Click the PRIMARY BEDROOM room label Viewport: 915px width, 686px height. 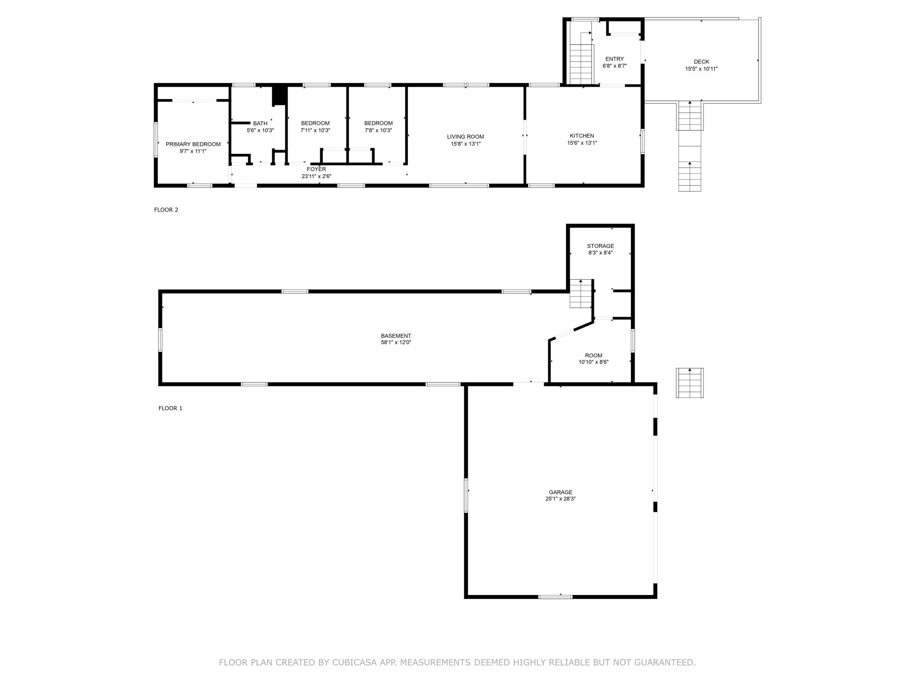[x=193, y=144]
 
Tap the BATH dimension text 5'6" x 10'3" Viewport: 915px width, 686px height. [x=260, y=130]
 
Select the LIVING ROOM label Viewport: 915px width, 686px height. [x=465, y=137]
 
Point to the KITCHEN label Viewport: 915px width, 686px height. [x=582, y=136]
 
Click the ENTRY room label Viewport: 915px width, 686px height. [x=615, y=59]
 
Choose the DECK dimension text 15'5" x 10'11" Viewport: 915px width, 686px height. [x=702, y=69]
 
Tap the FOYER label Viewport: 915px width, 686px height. [x=316, y=169]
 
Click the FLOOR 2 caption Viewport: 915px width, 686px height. [x=166, y=210]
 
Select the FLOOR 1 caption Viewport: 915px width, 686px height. [x=170, y=408]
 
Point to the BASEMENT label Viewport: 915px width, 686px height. [x=396, y=336]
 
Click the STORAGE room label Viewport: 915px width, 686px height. [x=600, y=246]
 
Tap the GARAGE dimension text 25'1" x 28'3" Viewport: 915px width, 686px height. [x=560, y=499]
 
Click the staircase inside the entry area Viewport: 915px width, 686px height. [x=582, y=63]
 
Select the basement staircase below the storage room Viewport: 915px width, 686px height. [x=581, y=293]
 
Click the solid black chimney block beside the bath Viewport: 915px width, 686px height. [x=279, y=95]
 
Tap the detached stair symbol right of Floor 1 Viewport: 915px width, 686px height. [x=689, y=383]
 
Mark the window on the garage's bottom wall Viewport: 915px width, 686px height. [x=556, y=597]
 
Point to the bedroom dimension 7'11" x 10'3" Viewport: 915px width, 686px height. [x=315, y=130]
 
